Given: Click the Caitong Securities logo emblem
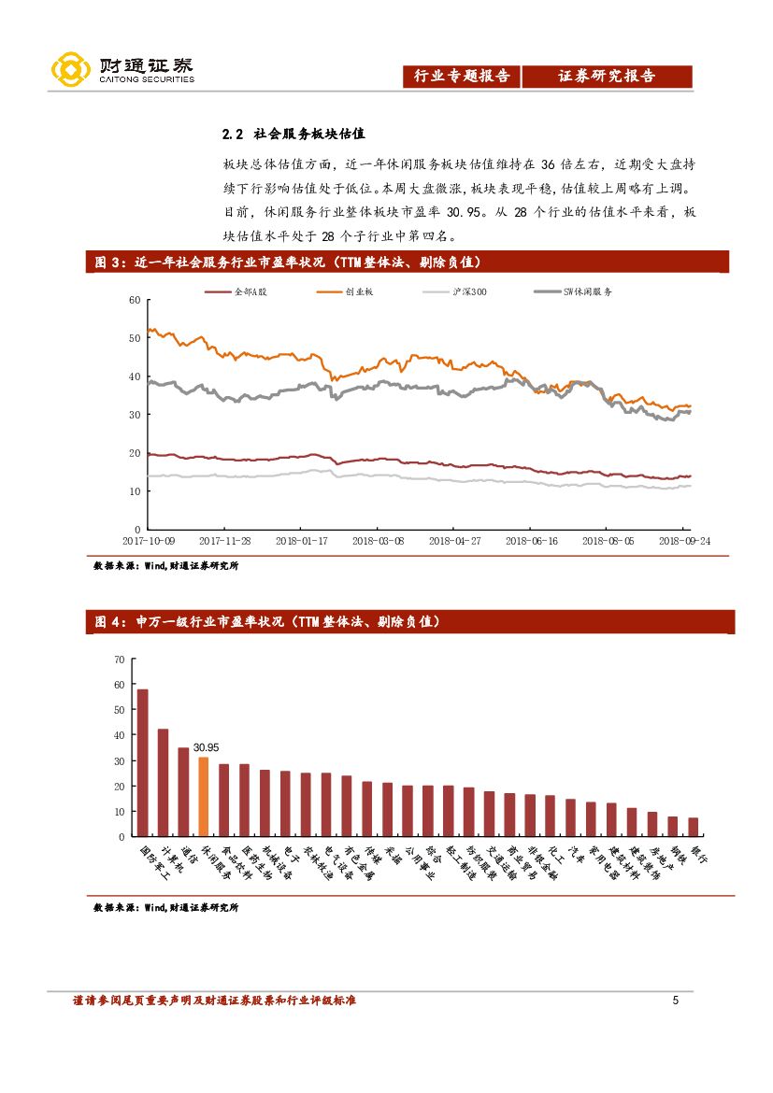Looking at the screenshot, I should (x=69, y=70).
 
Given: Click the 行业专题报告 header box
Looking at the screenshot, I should (x=462, y=77).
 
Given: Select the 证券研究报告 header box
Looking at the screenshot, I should (x=607, y=77).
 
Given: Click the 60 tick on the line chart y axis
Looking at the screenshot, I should (x=134, y=300).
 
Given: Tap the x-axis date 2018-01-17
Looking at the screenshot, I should (x=301, y=540).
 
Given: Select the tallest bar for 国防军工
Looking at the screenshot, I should (x=143, y=762).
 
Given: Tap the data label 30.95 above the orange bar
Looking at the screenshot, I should (x=206, y=747).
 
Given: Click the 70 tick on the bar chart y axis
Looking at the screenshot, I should (x=119, y=659).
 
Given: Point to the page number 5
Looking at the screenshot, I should (x=675, y=1001).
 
